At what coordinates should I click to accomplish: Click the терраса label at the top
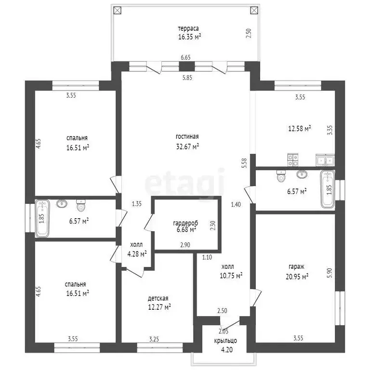188,28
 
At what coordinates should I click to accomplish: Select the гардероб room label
185,223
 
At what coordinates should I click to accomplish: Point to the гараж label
296,266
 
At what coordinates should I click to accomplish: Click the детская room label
158,299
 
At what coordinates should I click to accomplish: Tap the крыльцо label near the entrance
225,341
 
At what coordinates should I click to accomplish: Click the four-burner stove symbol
293,160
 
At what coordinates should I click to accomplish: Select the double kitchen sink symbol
325,160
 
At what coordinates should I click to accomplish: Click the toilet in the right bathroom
281,176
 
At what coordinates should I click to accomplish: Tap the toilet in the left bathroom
81,206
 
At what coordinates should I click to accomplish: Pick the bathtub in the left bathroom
42,219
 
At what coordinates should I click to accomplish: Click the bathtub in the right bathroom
328,189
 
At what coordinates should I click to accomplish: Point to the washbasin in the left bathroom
62,203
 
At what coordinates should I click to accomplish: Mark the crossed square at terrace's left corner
117,10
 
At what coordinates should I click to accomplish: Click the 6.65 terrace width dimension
185,57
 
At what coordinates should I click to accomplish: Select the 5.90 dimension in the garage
330,273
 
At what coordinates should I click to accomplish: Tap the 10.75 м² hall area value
231,276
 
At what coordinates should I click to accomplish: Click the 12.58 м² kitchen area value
300,129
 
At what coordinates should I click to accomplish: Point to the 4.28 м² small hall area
137,254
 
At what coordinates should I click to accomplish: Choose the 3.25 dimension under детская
154,339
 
